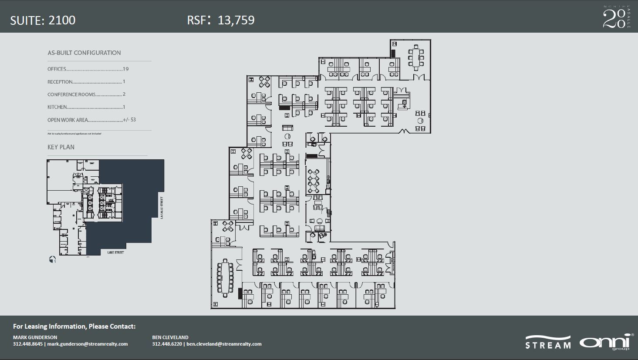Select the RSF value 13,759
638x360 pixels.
coord(236,20)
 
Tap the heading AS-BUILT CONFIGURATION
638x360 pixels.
coord(84,53)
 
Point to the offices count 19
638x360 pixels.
coord(126,69)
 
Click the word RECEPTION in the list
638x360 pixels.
coord(60,82)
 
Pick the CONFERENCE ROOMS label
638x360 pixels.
coord(71,94)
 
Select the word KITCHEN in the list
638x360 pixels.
coord(57,107)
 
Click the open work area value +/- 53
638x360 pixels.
coord(129,120)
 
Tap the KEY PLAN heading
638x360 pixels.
coord(61,147)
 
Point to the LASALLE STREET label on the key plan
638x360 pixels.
coord(161,208)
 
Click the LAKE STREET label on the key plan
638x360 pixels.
coord(115,252)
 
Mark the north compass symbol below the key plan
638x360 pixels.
coord(52,259)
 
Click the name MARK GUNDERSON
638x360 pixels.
coord(35,337)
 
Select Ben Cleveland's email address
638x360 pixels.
coord(224,344)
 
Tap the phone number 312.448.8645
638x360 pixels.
coord(28,344)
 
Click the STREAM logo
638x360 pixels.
coord(548,343)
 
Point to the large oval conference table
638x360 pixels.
coord(225,278)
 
